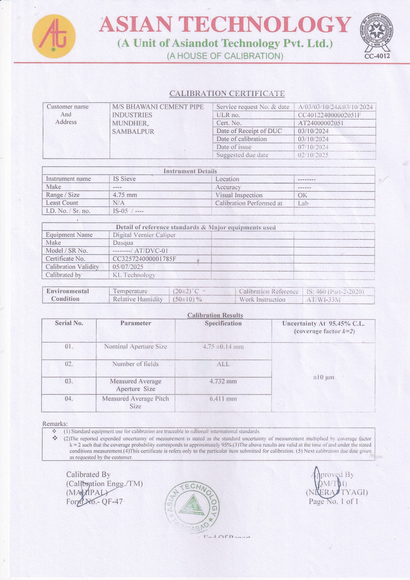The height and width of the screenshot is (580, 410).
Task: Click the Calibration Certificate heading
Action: (x=227, y=94)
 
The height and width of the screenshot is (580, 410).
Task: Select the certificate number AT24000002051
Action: (x=321, y=123)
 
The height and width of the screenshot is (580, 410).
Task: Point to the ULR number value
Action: (x=329, y=115)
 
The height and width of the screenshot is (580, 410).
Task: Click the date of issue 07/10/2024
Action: (x=313, y=147)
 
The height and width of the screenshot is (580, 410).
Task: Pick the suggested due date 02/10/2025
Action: (x=313, y=155)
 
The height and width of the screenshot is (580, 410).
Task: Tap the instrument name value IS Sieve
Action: (x=124, y=179)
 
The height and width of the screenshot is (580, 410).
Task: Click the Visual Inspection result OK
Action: (x=302, y=195)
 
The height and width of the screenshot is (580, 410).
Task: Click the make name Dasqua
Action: (x=123, y=243)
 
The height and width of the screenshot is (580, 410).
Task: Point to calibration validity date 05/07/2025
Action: (x=128, y=267)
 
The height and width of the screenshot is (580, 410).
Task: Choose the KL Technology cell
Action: (x=134, y=275)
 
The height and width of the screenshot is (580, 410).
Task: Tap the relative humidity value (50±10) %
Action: (x=187, y=299)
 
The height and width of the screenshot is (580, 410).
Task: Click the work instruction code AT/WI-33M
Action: (x=323, y=300)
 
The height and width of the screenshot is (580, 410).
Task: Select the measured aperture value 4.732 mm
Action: (x=223, y=381)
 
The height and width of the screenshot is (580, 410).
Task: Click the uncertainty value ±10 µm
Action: (x=323, y=377)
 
